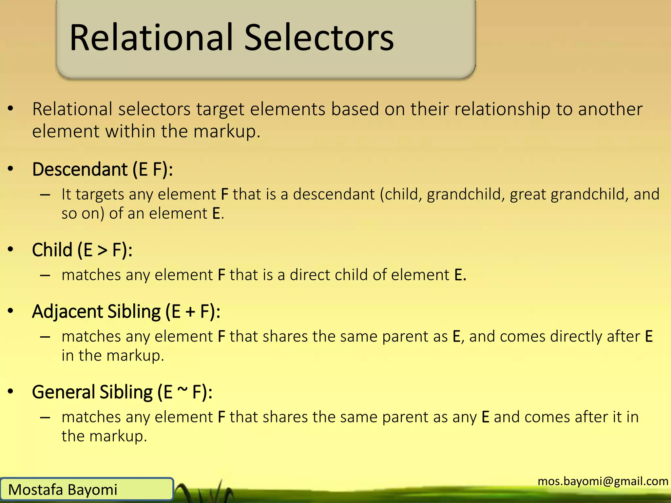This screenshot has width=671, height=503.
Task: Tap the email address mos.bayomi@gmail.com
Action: pos(603,481)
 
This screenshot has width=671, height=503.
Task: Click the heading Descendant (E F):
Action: pos(102,170)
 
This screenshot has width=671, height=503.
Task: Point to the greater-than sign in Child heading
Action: pos(102,251)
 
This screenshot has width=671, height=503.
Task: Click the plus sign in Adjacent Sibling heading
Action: pos(190,312)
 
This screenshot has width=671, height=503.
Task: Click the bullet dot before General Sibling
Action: pos(10,391)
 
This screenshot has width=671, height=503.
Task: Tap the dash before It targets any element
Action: pos(45,195)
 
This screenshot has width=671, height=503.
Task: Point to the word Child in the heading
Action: pos(52,250)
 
